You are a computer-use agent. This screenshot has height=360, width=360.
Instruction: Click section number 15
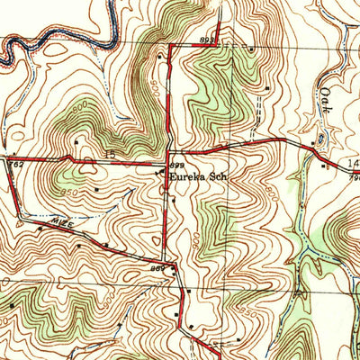click(111, 157)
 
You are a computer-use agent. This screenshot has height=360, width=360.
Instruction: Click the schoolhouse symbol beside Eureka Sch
click(163, 175)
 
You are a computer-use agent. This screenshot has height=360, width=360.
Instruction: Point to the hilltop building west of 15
click(79, 141)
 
